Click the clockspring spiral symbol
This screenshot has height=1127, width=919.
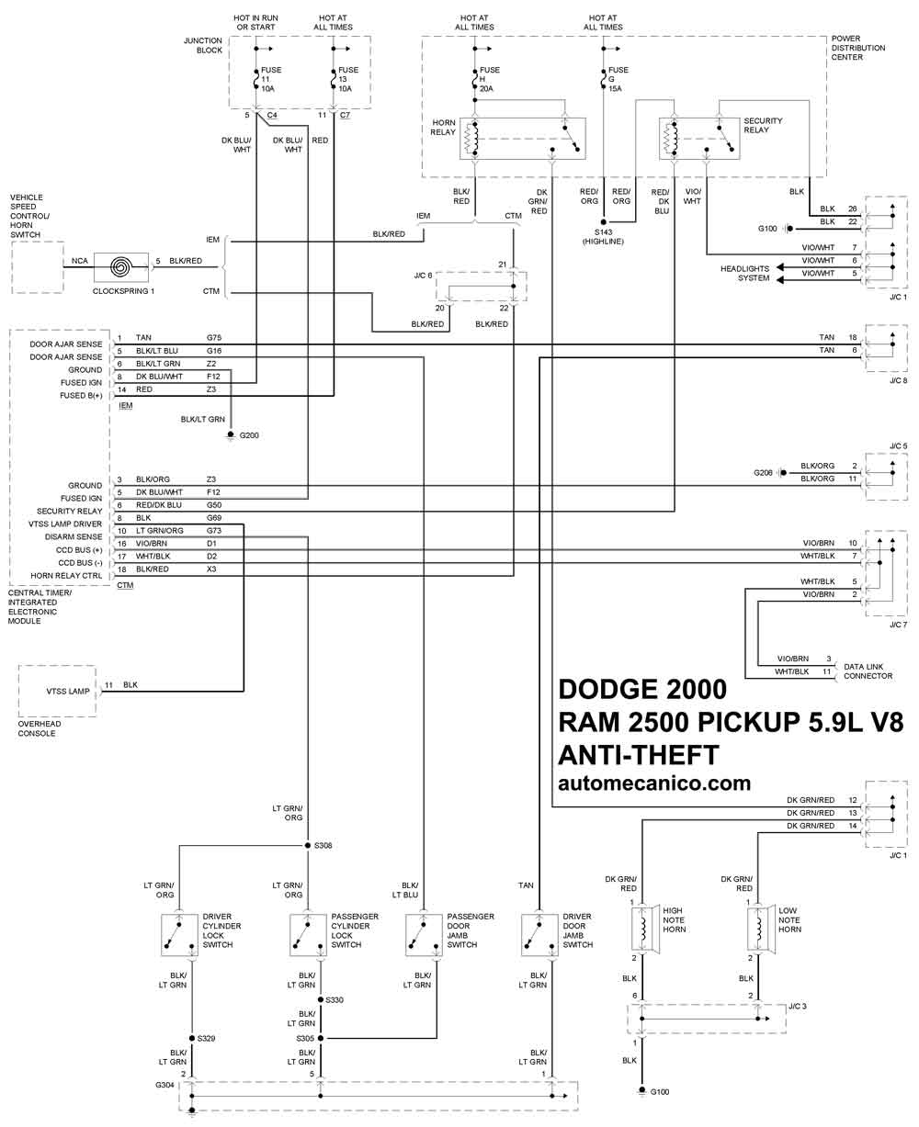[x=121, y=267]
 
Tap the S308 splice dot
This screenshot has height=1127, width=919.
[x=308, y=846]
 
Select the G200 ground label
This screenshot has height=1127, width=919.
[x=249, y=435]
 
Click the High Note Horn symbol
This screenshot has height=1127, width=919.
[x=645, y=930]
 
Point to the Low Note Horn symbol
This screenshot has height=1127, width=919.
[x=761, y=930]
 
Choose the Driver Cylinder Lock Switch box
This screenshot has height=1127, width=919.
[x=179, y=935]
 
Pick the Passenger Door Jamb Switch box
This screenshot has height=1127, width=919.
[x=424, y=935]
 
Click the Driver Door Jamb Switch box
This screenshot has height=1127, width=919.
[x=539, y=935]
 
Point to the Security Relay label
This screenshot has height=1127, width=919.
[x=763, y=126]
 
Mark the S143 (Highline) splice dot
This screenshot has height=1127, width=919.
[x=604, y=222]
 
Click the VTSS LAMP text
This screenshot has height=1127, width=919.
[x=68, y=691]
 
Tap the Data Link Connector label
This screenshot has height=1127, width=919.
[x=868, y=671]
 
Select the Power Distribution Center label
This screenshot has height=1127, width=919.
[x=857, y=48]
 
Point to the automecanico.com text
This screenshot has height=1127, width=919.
[x=654, y=783]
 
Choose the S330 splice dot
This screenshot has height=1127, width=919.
[x=321, y=1000]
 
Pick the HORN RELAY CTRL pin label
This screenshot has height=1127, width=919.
[x=66, y=576]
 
